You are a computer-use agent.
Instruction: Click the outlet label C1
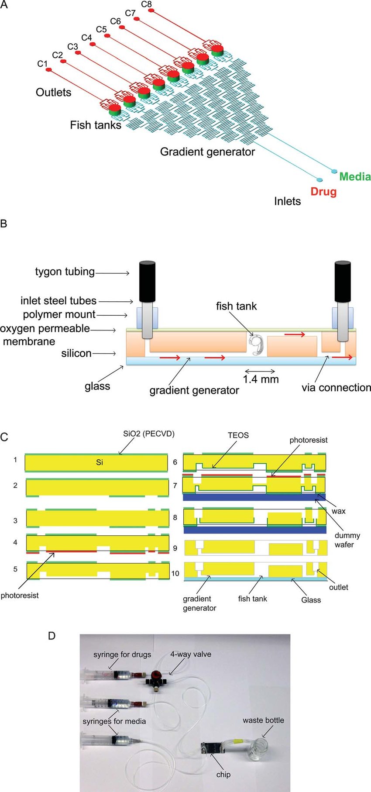[x=42, y=64]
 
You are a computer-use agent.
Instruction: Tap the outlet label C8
[x=147, y=4]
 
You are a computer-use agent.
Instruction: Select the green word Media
[x=355, y=176]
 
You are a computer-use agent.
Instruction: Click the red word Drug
[x=323, y=191]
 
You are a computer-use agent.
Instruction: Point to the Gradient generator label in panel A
[x=207, y=152]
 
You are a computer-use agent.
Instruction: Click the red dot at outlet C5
[x=107, y=36]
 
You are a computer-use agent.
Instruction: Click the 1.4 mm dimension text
[x=261, y=379]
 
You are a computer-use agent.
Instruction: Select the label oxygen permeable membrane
[x=45, y=334]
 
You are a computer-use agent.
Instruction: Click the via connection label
[x=336, y=388]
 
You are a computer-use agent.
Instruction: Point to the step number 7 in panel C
[x=175, y=485]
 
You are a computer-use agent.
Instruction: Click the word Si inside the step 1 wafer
[x=100, y=462]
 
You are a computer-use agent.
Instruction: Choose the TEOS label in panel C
[x=238, y=435]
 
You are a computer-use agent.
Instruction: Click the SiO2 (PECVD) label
[x=148, y=434]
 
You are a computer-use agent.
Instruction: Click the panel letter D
[x=52, y=635]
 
